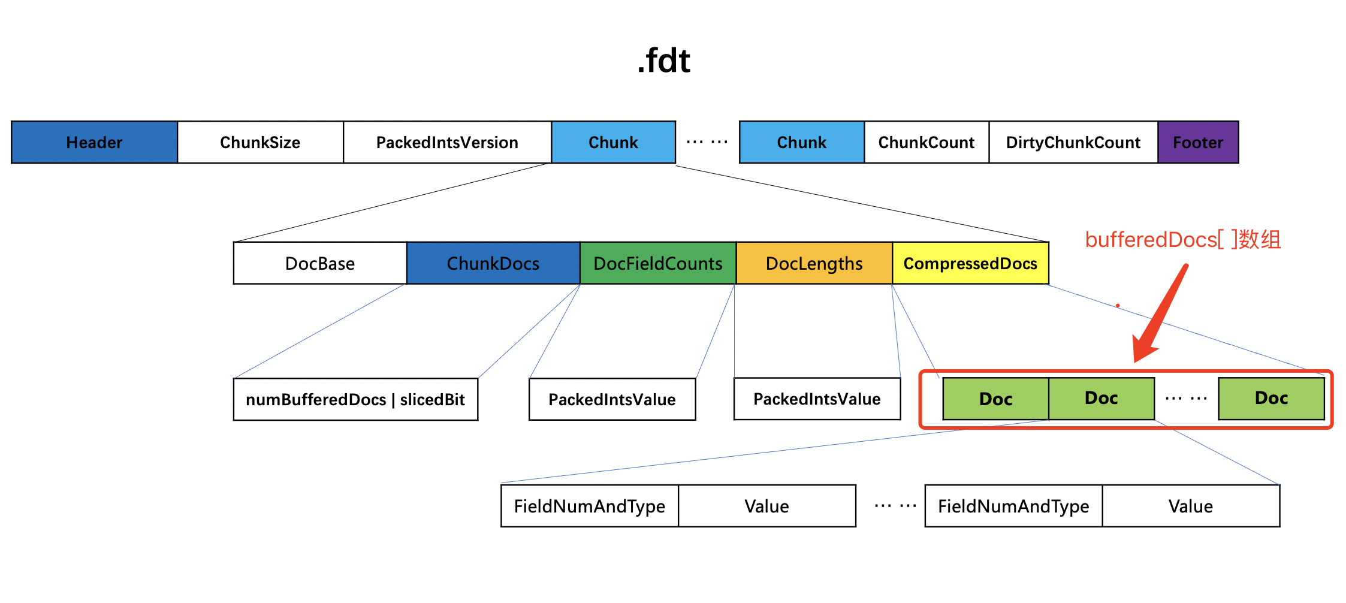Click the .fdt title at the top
coord(664,61)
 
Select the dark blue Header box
coord(95,142)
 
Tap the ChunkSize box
coord(260,142)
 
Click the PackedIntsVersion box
coord(447,142)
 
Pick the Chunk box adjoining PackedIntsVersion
coord(614,142)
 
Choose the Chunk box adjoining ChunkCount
coord(802,142)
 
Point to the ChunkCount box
coord(926,142)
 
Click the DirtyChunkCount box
coord(1073,142)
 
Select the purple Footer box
coord(1198,142)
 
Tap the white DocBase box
coord(320,263)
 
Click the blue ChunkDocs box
coord(493,263)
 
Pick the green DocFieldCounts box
coord(658,263)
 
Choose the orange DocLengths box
coord(814,263)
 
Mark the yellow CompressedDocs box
coord(971,263)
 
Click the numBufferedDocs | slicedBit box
coord(355,399)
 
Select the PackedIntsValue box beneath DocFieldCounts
coord(612,399)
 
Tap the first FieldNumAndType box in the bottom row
coord(590,506)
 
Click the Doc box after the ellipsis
coord(1272,398)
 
